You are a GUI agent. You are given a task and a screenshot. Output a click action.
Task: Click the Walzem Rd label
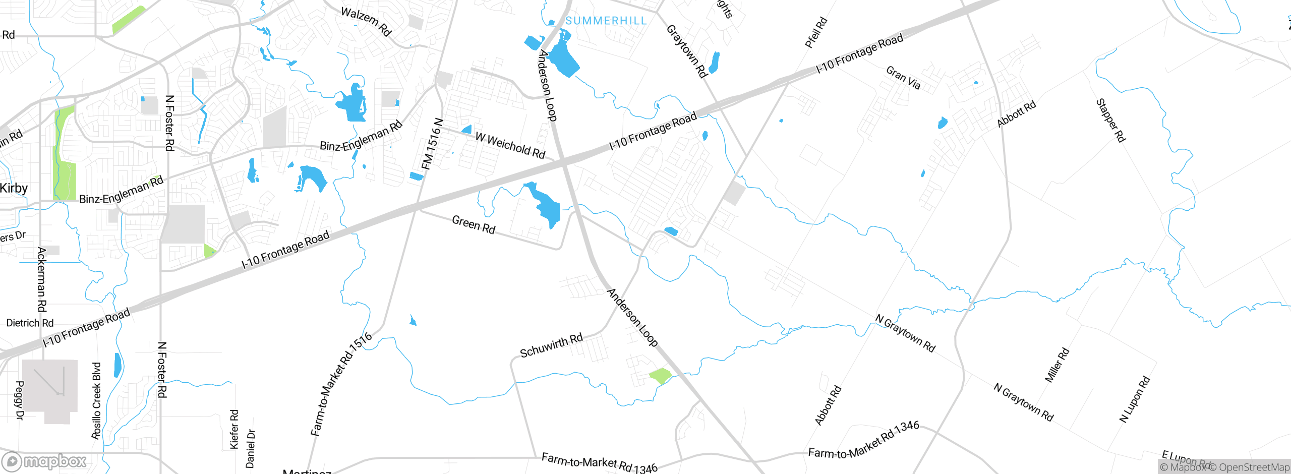pos(366,22)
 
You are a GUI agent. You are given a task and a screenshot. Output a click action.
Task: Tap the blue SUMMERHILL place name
pos(606,21)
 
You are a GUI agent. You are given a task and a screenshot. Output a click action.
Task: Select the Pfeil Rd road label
pos(816,33)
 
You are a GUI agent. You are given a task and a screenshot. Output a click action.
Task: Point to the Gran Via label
pos(903,78)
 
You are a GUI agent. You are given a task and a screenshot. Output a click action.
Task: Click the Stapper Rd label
pos(1110,121)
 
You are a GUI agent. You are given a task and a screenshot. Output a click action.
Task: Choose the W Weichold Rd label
pos(510,145)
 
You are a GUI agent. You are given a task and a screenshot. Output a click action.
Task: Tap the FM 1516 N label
pos(432,144)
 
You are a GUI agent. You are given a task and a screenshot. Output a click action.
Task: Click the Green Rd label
pos(474,224)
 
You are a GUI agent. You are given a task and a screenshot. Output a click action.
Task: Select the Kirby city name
pos(14,188)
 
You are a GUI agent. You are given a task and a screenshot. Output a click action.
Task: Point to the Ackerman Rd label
pos(42,279)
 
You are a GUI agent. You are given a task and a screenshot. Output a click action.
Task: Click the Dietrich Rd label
pos(30,323)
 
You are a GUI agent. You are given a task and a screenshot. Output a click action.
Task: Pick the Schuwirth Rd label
pos(551,345)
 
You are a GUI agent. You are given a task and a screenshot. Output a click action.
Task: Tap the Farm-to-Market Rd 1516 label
pos(341,384)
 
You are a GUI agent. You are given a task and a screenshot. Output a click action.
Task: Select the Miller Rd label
pos(1057,365)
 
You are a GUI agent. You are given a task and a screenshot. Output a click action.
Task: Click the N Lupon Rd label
pos(1135,399)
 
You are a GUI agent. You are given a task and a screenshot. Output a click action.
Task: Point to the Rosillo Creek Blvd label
pos(96,400)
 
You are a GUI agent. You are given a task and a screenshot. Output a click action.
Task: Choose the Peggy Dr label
pos(20,400)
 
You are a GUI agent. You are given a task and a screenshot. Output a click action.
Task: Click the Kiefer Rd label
pos(234,429)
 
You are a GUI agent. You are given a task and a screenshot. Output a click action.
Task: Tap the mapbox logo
pos(44,461)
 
